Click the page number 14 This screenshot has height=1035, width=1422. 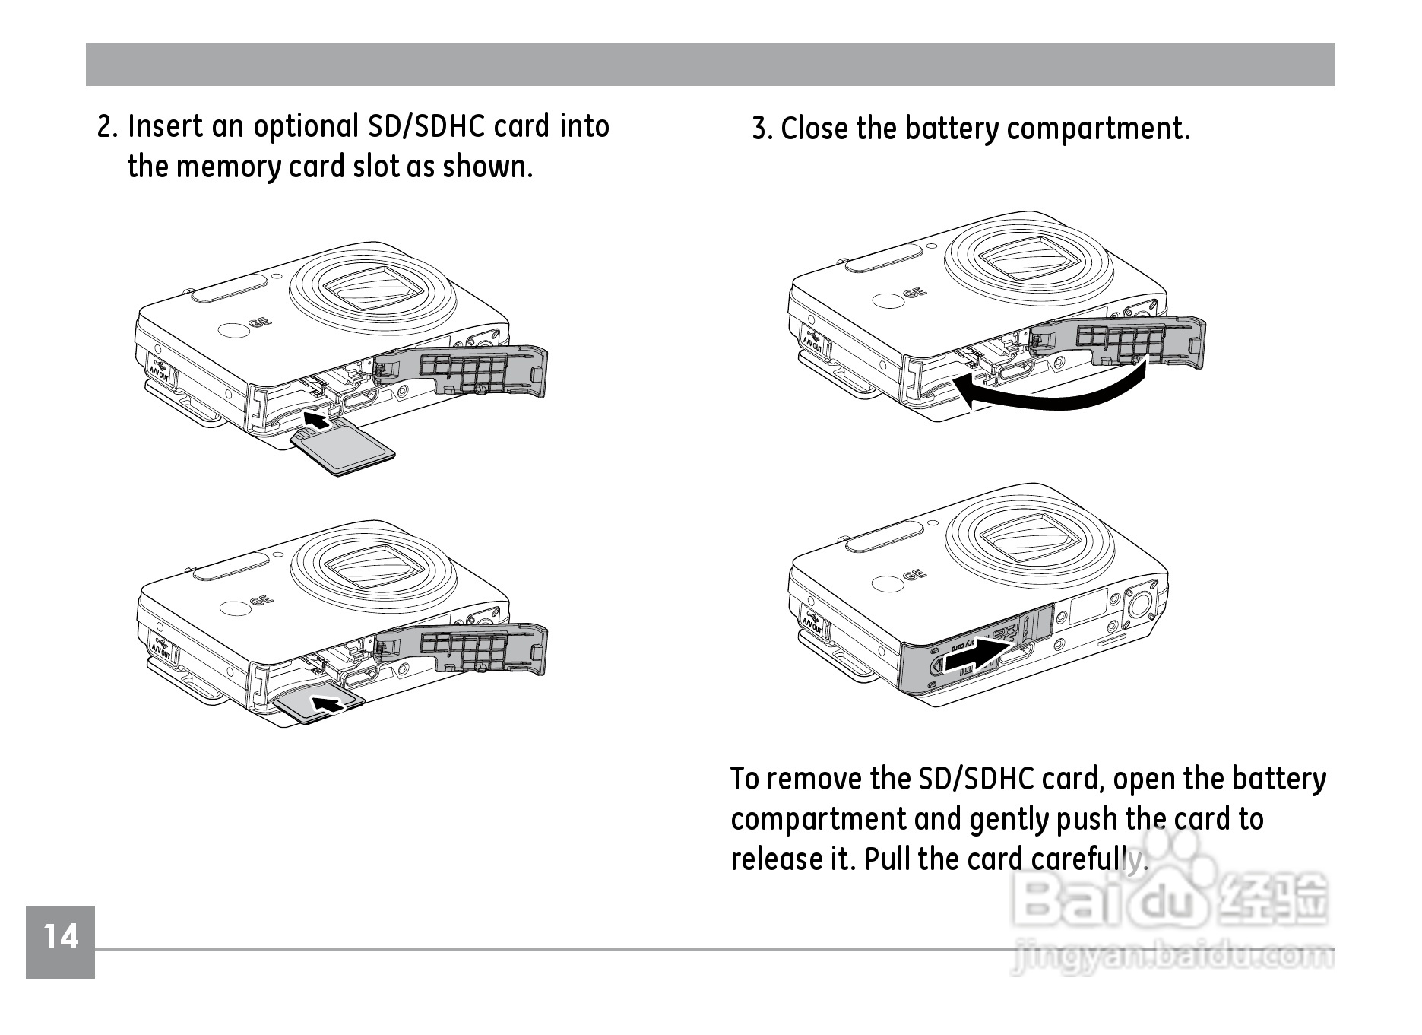pos(61,937)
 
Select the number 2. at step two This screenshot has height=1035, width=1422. pos(107,127)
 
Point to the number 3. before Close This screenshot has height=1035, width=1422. pos(762,129)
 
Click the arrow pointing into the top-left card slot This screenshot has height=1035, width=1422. pos(318,418)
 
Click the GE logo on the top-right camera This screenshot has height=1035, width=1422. pos(914,293)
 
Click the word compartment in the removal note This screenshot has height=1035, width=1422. pos(819,820)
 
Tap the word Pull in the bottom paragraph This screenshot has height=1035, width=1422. pos(888,859)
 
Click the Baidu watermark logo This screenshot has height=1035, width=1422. pos(1170,901)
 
